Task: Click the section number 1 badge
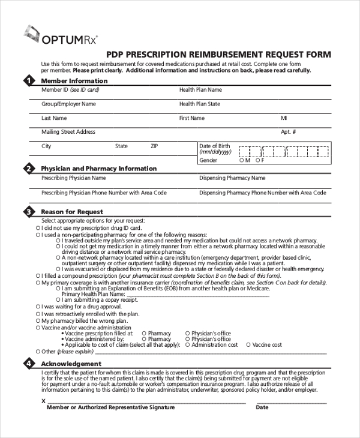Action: point(28,81)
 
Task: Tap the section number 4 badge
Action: point(28,364)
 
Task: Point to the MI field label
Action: point(284,118)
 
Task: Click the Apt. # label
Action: point(289,132)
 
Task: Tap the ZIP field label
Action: point(154,146)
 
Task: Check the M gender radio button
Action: point(241,160)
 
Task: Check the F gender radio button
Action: point(256,160)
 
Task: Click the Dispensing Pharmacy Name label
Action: point(232,178)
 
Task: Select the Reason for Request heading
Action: point(71,212)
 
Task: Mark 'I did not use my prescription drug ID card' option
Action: point(38,228)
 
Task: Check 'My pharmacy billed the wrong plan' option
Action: point(38,321)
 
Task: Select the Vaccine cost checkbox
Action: point(248,345)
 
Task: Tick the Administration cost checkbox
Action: point(188,345)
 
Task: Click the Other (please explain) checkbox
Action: point(38,352)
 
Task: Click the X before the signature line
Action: point(43,401)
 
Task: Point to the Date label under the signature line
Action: point(262,407)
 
